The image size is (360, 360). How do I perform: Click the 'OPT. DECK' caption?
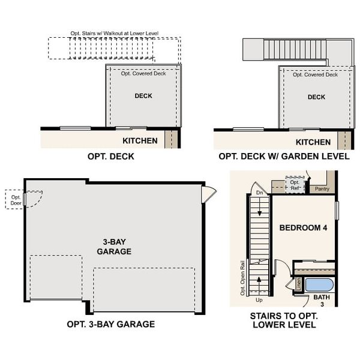111,157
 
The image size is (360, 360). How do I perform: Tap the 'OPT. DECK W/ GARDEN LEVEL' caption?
284,157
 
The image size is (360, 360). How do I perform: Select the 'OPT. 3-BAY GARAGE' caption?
111,324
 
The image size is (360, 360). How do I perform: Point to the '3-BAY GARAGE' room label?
114,247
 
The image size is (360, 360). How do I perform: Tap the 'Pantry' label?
322,188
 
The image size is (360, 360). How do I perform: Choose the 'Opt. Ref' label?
295,185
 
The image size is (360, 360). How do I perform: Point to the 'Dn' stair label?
259,193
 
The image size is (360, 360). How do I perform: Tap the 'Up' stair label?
259,299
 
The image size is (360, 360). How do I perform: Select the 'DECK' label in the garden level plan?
316,97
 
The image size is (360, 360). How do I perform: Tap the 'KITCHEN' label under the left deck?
140,141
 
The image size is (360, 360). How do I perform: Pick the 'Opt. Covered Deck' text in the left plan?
143,74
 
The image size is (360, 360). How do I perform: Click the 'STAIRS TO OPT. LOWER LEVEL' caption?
284,320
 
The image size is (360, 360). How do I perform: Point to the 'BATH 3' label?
322,301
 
